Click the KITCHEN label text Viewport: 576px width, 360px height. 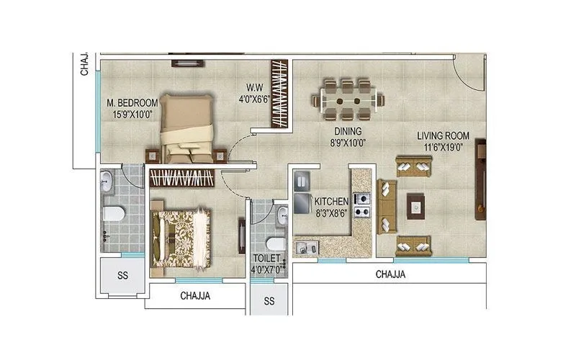coord(332,207)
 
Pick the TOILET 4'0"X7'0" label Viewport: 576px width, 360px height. coord(268,262)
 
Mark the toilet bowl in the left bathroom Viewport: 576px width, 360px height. coord(112,213)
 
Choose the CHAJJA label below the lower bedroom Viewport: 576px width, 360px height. coord(195,295)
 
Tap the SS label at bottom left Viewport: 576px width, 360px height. coord(122,276)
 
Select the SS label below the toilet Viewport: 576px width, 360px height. coord(269,300)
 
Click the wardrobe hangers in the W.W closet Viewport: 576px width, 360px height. coord(277,94)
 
